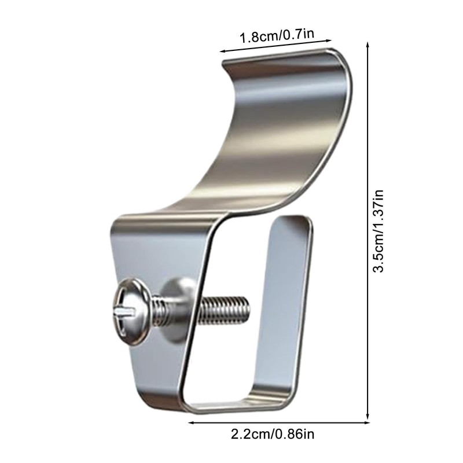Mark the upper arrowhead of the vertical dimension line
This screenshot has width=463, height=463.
(x=368, y=43)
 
